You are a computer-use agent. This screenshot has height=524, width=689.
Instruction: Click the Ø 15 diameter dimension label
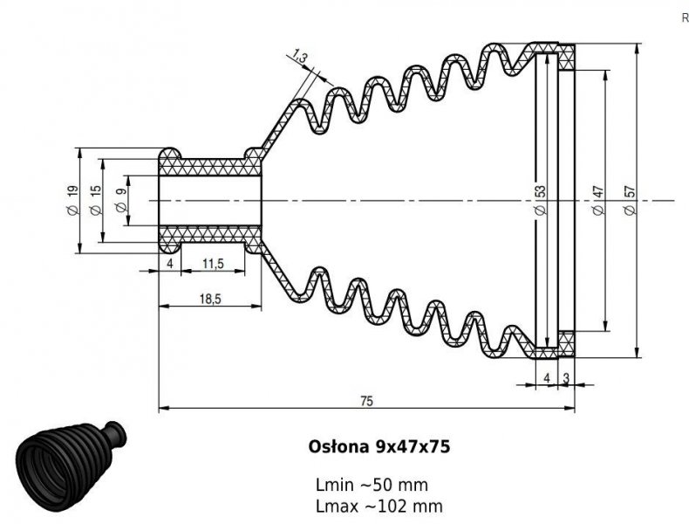[95, 200]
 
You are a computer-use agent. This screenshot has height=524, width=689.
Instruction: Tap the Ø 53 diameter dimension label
[541, 200]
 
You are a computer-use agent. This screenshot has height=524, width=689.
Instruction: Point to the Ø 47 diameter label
[598, 200]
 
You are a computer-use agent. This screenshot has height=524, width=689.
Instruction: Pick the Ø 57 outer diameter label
[631, 200]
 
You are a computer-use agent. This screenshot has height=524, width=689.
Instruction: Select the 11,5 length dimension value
[213, 263]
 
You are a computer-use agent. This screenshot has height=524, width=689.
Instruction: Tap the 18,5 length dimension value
[209, 298]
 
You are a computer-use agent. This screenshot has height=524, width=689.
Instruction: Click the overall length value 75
[366, 400]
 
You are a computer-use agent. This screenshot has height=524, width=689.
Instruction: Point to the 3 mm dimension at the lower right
[566, 377]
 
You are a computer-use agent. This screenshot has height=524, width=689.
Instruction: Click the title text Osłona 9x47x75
[379, 446]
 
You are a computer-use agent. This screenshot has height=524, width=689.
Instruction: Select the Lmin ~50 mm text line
[372, 485]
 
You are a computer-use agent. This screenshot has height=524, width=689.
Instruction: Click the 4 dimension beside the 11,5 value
[169, 263]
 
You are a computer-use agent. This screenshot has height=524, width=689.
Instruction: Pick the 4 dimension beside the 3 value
[547, 377]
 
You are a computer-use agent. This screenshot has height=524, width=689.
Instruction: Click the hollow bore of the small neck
[209, 200]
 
